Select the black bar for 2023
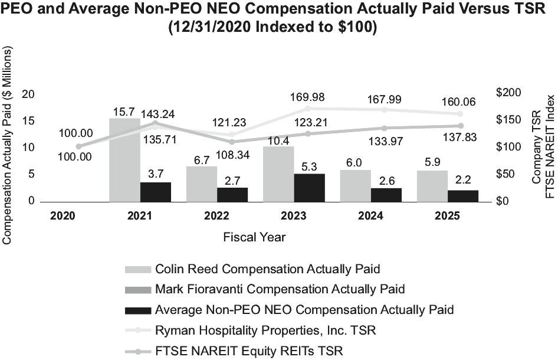tap(309, 188)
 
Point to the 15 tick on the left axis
tap(28, 121)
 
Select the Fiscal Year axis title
tap(254, 237)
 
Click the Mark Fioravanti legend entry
tap(280, 289)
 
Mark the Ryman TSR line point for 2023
tap(307, 109)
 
